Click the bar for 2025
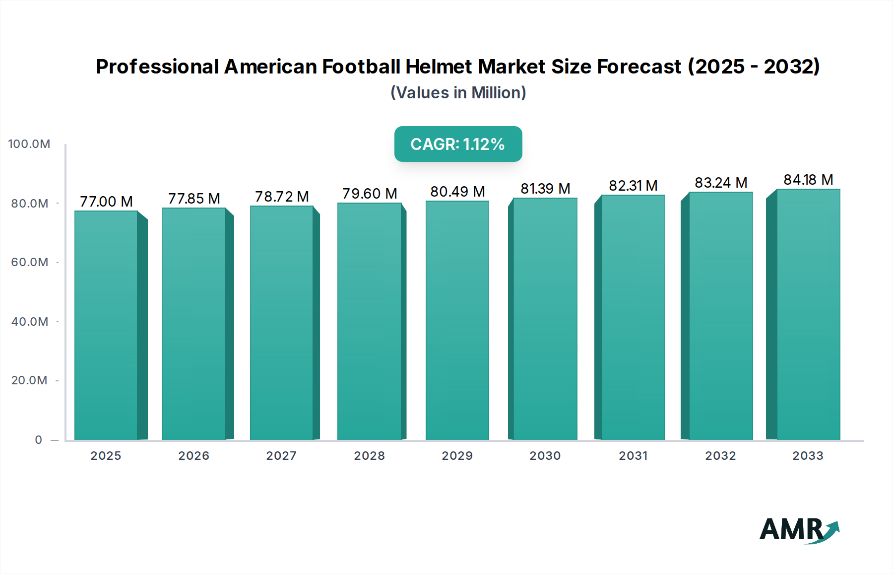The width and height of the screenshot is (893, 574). tap(106, 325)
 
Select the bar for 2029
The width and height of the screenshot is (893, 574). tap(457, 320)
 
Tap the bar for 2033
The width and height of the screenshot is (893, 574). tap(808, 314)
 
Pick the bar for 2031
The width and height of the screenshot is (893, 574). tap(633, 317)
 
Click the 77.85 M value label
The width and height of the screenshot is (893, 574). tap(194, 199)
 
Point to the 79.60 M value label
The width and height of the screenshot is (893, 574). tap(370, 194)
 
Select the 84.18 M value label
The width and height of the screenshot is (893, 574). tap(808, 180)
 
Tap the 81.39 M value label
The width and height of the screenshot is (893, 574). tap(545, 189)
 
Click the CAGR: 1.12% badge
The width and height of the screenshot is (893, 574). tap(458, 144)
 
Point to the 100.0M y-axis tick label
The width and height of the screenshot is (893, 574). tap(29, 144)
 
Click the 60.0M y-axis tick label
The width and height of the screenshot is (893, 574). tap(30, 262)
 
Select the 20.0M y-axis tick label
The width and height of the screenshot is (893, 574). tap(29, 380)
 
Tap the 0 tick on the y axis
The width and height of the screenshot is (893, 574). tap(39, 440)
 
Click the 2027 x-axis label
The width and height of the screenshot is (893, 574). tap(281, 456)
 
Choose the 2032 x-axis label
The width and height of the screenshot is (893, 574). tap(720, 456)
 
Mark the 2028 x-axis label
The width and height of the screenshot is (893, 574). tap(369, 456)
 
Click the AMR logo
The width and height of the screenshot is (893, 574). tap(799, 530)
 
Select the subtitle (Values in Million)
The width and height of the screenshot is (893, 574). tap(458, 93)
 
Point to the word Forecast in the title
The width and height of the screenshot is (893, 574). tap(639, 67)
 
